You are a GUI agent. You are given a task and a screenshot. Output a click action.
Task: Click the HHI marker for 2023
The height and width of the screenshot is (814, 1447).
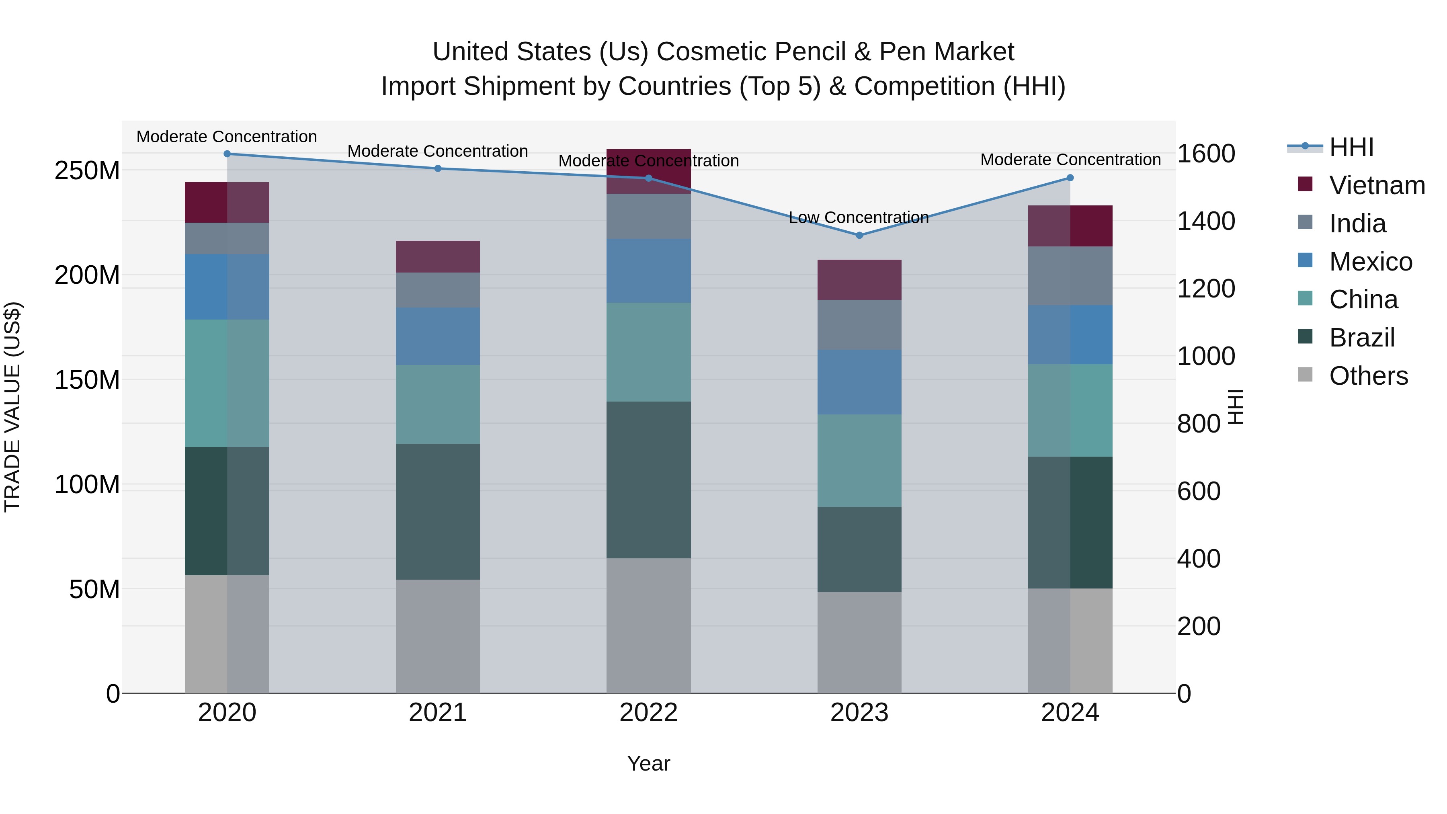[859, 236]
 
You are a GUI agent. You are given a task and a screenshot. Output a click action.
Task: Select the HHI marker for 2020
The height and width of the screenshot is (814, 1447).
[227, 154]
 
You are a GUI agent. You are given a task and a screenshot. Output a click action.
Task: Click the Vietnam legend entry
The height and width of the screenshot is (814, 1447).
[1376, 185]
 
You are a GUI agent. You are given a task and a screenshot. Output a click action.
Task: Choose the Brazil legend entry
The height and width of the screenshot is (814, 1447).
[1362, 338]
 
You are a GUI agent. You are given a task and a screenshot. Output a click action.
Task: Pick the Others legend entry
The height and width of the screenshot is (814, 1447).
[1368, 376]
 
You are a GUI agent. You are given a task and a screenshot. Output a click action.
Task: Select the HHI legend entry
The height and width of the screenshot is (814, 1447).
[1351, 147]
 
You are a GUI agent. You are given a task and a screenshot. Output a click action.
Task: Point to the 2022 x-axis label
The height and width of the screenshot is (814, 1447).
[648, 713]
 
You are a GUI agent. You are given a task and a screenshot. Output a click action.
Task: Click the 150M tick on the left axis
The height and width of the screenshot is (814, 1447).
[87, 380]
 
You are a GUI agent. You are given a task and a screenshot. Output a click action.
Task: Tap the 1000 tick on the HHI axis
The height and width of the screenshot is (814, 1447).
[1205, 356]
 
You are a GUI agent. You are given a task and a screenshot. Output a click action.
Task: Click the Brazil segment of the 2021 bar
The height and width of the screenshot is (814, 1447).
[438, 511]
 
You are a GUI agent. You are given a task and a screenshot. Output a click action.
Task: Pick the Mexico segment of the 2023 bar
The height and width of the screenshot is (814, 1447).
[859, 382]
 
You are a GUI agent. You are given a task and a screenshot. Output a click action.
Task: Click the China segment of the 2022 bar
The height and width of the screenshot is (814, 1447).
[648, 352]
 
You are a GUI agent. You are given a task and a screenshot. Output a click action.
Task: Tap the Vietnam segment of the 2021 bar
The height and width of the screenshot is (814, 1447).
[438, 257]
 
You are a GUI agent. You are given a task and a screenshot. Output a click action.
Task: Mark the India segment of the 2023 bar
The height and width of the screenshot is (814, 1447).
[859, 325]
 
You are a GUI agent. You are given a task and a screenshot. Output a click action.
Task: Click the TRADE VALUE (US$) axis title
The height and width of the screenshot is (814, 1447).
[13, 407]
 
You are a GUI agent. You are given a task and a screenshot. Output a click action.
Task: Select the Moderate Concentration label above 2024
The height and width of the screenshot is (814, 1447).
[1070, 160]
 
